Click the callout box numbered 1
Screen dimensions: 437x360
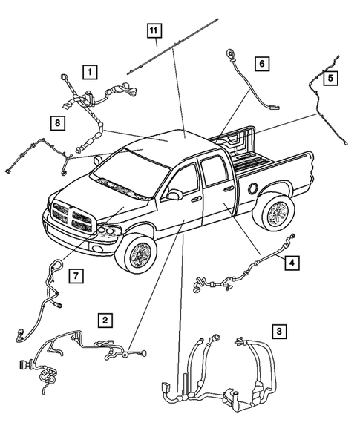89,72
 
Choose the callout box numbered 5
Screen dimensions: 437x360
330,77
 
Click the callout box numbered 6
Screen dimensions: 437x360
261,64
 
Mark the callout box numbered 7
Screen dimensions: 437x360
76,276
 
